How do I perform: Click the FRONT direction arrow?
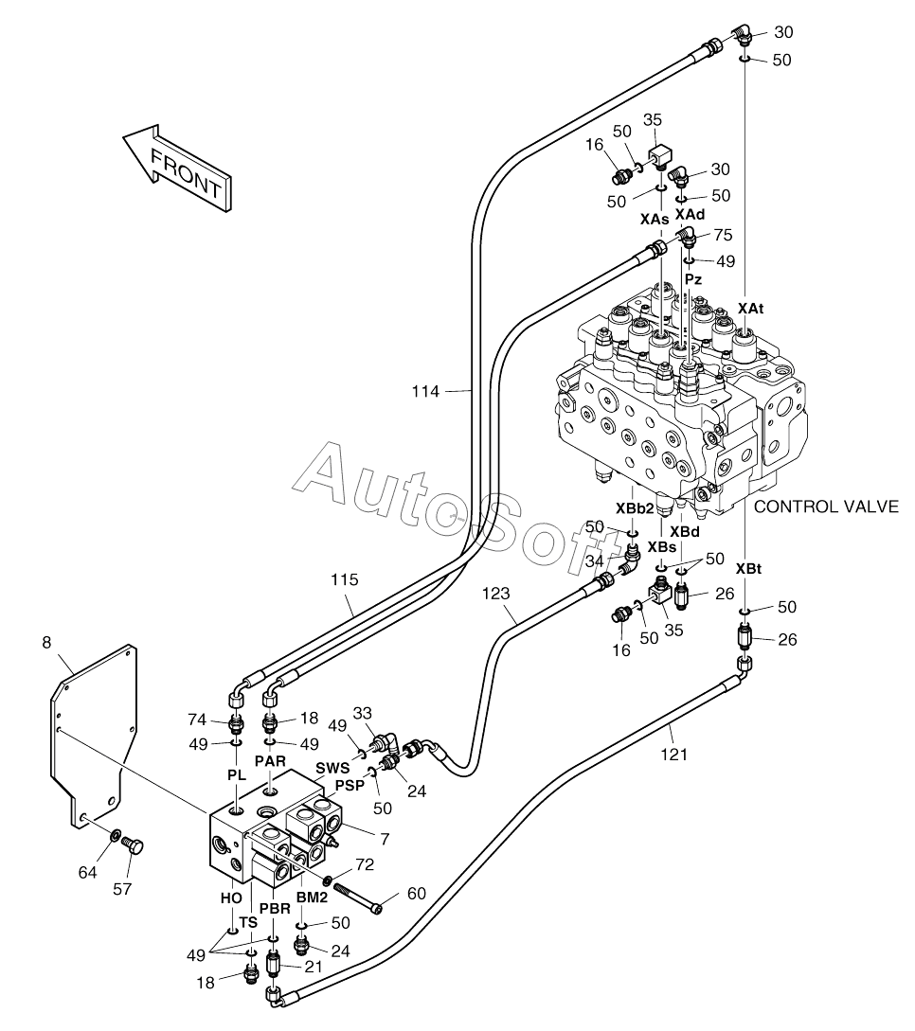tap(178, 169)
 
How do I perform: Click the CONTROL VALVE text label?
tap(826, 507)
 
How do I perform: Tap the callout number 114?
tap(425, 392)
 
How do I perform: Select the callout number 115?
tap(345, 579)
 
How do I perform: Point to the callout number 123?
tap(495, 593)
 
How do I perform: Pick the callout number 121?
tap(673, 755)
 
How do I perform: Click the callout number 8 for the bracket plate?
tap(46, 642)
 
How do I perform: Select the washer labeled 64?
tap(115, 836)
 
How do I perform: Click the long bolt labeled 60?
tap(358, 898)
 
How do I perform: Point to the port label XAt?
tap(750, 308)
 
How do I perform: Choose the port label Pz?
tap(693, 278)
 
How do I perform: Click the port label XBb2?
tap(635, 507)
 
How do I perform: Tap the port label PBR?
tap(275, 909)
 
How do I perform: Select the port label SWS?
tap(332, 768)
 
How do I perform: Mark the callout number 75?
tap(723, 236)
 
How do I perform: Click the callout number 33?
tap(363, 713)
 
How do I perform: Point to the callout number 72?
tap(365, 864)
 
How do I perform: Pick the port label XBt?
tap(748, 569)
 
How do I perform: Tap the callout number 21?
tap(314, 966)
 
